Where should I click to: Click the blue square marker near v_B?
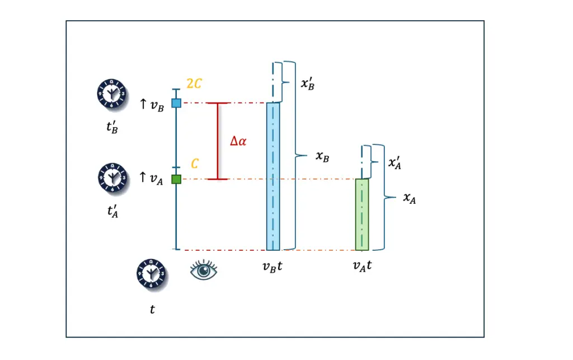(x=176, y=103)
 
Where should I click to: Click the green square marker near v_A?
(x=176, y=179)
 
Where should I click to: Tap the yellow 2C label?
(x=194, y=84)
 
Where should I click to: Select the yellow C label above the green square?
(x=194, y=164)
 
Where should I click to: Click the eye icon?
(x=204, y=270)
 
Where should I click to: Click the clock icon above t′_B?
(x=109, y=92)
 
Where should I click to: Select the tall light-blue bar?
(x=273, y=176)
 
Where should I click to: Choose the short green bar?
(x=362, y=214)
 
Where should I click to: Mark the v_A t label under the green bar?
(x=362, y=267)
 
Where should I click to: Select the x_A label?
(x=410, y=199)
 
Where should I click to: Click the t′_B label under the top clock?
(x=109, y=129)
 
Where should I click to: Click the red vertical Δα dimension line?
(x=218, y=141)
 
